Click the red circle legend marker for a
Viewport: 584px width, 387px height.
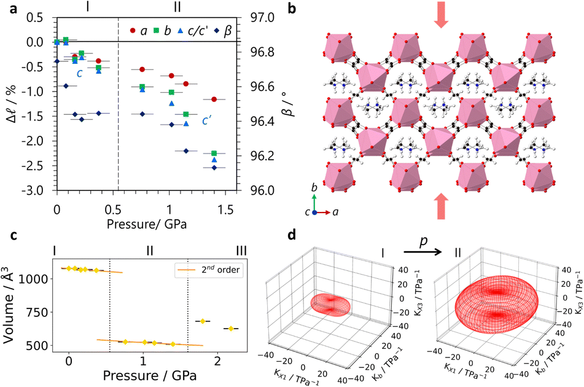coord(132,30)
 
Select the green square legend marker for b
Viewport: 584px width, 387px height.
coord(157,30)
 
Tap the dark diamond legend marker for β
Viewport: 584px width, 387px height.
coord(217,30)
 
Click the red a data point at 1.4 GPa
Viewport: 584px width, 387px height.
coord(214,99)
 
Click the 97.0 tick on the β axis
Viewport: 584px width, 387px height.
coord(262,17)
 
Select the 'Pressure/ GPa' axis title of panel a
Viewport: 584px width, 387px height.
coord(147,224)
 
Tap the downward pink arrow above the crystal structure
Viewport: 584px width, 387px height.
coord(442,15)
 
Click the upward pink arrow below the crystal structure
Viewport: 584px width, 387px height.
coord(442,206)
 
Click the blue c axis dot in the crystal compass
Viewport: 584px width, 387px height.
coord(314,213)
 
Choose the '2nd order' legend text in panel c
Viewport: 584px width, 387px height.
coord(221,269)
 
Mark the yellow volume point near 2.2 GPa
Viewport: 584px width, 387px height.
coord(231,329)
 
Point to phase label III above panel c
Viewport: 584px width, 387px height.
coord(241,251)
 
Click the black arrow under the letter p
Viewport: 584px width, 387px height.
coord(422,252)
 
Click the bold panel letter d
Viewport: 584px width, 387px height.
coord(293,235)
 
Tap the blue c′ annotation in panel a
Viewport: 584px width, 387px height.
coord(207,120)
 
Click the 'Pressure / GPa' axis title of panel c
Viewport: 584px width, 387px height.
coord(150,375)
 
